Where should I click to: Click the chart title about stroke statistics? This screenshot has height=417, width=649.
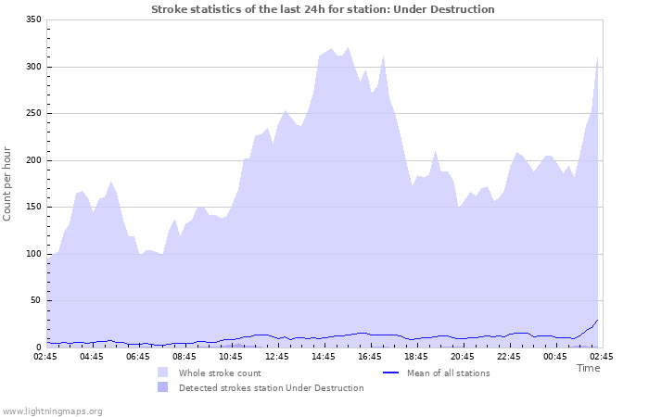[323, 9]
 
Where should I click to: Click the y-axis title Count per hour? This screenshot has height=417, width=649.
[8, 183]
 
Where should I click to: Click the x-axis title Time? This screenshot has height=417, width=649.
[588, 368]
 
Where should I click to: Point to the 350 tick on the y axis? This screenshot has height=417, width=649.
[32, 19]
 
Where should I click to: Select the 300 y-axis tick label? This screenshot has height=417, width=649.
[32, 67]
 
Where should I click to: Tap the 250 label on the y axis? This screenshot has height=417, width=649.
[32, 113]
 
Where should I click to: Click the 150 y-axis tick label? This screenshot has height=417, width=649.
[32, 207]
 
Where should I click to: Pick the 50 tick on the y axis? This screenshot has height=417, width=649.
[35, 300]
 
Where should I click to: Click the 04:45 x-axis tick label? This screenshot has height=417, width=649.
[92, 356]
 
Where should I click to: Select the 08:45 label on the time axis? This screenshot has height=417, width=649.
[185, 356]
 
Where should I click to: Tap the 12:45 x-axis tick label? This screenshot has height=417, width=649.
[277, 356]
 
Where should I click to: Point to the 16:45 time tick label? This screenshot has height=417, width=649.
[370, 356]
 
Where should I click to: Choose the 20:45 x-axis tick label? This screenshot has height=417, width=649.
[463, 356]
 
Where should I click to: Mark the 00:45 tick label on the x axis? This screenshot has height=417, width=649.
[555, 356]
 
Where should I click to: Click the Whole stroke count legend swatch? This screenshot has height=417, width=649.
[163, 373]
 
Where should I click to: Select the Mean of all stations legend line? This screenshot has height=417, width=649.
[390, 373]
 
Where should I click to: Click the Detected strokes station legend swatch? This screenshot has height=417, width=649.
[163, 387]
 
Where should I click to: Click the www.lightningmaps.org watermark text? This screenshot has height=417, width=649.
[52, 411]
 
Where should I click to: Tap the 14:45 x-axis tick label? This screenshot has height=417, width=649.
[324, 356]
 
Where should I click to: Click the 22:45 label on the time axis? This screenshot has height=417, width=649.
[509, 356]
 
